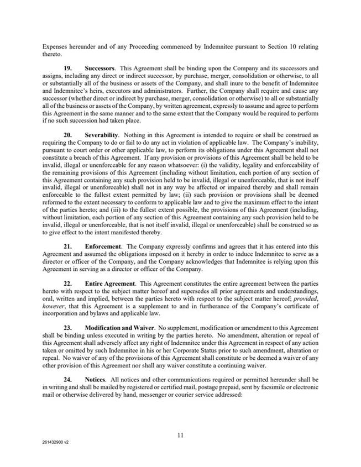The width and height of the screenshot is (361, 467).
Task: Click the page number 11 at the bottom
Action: pyautogui.click(x=180, y=435)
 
